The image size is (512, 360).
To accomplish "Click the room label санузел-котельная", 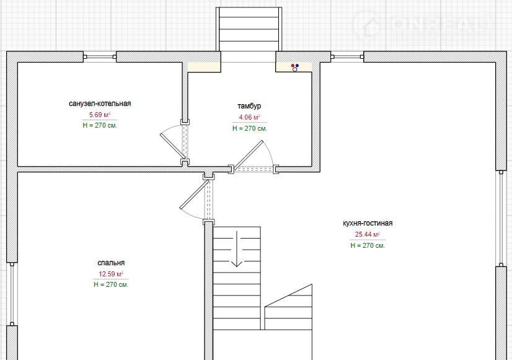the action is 100,103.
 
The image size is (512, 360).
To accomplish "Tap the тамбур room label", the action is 249,106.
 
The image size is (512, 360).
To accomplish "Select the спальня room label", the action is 111,263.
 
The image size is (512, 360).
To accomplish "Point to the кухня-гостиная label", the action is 368,223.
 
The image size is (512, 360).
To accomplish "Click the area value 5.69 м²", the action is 100,115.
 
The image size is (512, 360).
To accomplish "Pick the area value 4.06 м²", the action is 249,118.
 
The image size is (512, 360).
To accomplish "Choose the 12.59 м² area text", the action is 111,274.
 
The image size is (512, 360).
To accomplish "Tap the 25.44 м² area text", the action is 368,234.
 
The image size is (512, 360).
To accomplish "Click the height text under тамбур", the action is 250,129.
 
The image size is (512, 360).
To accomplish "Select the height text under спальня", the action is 111,284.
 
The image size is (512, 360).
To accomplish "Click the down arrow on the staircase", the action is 236,249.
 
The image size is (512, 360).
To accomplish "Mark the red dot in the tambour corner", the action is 293,66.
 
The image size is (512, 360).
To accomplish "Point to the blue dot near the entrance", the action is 297,66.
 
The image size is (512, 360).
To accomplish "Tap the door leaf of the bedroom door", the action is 194,195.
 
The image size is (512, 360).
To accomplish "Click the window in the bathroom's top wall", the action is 100,57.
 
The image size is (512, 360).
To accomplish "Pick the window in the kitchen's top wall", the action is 347,57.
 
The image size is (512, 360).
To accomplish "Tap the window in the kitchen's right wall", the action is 501,219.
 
